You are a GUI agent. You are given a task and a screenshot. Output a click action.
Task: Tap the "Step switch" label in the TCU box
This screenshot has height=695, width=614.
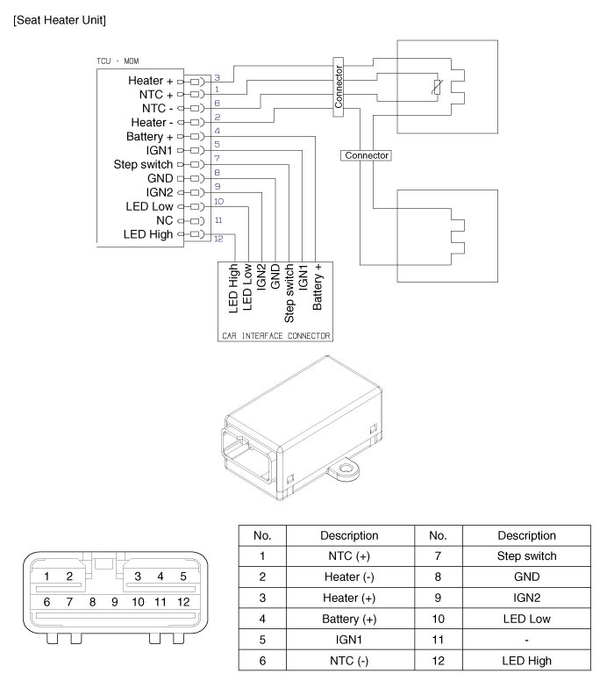tap(144, 164)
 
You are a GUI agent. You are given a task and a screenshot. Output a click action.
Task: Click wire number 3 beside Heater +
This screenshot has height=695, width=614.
tap(217, 78)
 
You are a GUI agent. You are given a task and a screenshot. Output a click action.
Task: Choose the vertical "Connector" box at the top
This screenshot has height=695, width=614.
tap(339, 86)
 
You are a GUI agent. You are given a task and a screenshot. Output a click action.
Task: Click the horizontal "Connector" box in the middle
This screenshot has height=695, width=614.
tap(367, 155)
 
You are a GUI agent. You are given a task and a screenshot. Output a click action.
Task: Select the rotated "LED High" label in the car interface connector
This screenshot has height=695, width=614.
tap(233, 287)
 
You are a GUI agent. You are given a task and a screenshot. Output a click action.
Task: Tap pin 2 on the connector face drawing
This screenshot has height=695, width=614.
tap(68, 577)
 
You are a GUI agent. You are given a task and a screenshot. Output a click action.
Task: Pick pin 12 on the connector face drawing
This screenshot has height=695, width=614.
tap(183, 602)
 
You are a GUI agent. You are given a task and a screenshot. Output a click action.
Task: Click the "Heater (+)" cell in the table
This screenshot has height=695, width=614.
tap(350, 598)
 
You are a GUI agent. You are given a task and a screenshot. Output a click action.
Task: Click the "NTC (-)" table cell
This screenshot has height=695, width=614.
tap(350, 661)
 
